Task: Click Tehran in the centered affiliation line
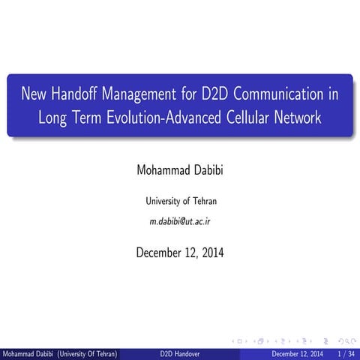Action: point(202,201)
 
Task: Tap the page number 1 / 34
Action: point(346,353)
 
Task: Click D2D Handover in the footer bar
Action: point(179,353)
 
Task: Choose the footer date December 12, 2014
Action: point(297,353)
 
